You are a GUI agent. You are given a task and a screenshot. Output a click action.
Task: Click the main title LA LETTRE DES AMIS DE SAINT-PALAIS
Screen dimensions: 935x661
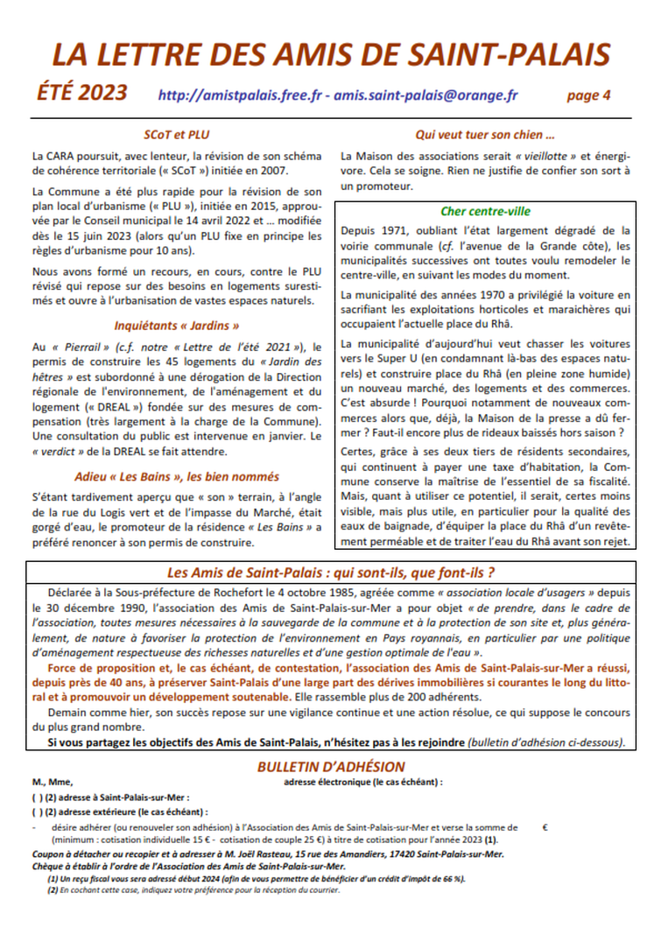tap(331, 54)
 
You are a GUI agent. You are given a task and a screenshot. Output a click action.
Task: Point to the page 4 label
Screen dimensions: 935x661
tap(588, 95)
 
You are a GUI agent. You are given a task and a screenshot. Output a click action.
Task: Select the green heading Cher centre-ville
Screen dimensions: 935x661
tap(485, 211)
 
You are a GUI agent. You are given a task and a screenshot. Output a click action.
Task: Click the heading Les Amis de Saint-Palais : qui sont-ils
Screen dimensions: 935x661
tap(331, 574)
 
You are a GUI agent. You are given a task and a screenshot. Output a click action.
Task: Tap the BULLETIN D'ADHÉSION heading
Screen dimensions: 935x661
tap(331, 767)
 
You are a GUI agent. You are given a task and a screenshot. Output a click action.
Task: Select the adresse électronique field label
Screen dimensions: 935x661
tap(363, 782)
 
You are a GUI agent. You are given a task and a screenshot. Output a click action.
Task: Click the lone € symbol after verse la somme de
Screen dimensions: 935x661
tap(545, 826)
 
